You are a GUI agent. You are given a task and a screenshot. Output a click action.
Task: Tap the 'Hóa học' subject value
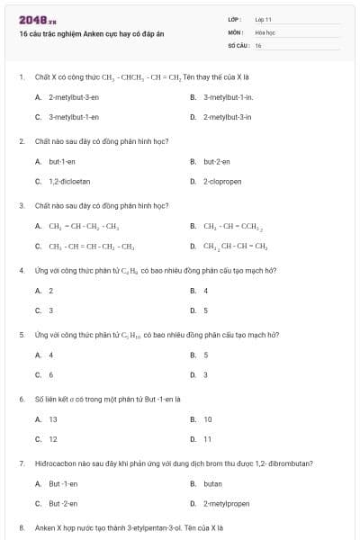pyautogui.click(x=265, y=31)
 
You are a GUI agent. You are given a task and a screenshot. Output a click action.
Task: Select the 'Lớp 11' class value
pyautogui.click(x=264, y=19)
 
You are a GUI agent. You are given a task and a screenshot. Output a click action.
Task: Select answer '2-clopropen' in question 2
pyautogui.click(x=221, y=181)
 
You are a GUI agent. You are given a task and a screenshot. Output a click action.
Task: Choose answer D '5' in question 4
pyautogui.click(x=205, y=310)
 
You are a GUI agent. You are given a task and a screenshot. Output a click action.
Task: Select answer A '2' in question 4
pyautogui.click(x=50, y=291)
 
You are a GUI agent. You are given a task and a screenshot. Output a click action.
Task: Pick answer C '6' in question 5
pyautogui.click(x=50, y=374)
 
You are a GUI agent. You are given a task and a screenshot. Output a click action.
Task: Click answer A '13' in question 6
pyautogui.click(x=52, y=419)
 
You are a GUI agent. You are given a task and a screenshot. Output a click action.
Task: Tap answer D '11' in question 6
pyautogui.click(x=207, y=439)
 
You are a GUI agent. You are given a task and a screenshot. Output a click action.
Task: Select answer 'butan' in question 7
pyautogui.click(x=212, y=484)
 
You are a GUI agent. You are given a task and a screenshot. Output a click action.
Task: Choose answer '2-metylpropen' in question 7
pyautogui.click(x=225, y=504)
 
